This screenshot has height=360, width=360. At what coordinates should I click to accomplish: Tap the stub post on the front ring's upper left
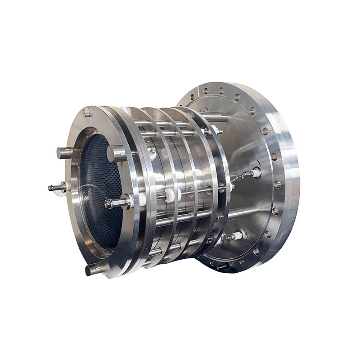pos(65,153)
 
